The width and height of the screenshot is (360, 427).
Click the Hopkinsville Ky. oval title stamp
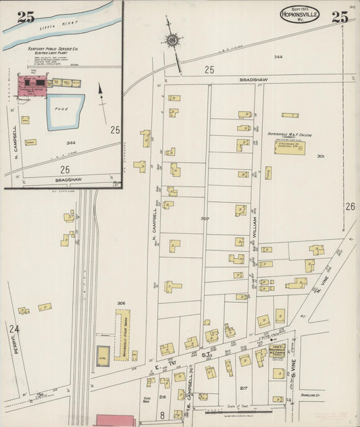(x=299, y=14)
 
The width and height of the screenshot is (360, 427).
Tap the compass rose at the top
(x=173, y=40)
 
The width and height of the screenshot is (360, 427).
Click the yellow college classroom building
(x=289, y=147)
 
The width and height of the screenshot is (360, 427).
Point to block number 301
(x=320, y=156)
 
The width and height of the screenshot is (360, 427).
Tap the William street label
(x=255, y=220)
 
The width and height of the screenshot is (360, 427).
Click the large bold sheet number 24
(x=14, y=329)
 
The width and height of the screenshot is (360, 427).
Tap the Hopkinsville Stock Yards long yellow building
(x=122, y=334)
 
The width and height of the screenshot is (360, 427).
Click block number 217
(x=242, y=387)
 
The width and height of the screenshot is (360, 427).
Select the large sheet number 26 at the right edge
(x=350, y=207)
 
